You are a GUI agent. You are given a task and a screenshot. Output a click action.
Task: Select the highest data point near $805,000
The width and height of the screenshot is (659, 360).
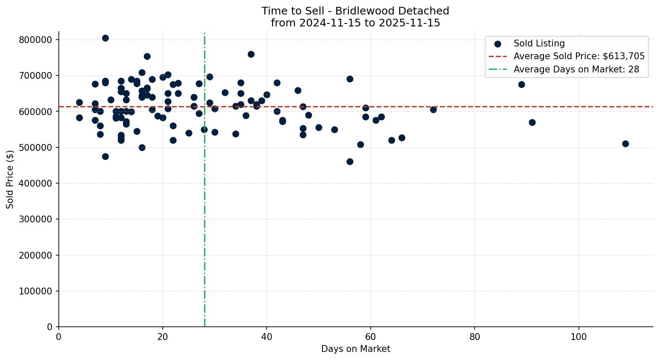pyautogui.click(x=105, y=38)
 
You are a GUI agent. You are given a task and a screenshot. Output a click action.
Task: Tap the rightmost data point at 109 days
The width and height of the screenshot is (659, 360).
pyautogui.click(x=625, y=144)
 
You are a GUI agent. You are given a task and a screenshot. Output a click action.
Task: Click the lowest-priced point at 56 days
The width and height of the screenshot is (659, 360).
pyautogui.click(x=350, y=161)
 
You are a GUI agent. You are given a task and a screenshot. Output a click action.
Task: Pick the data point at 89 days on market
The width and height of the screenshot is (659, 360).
pyautogui.click(x=521, y=84)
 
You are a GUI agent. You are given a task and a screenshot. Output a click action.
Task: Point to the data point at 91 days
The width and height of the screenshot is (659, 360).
pyautogui.click(x=532, y=122)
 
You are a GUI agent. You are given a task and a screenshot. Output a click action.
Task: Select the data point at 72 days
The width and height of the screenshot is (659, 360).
pyautogui.click(x=433, y=109)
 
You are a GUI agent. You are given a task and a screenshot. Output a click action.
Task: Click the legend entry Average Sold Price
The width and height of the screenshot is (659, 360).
pyautogui.click(x=579, y=56)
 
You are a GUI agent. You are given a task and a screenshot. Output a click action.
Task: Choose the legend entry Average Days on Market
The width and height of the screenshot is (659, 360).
pyautogui.click(x=576, y=69)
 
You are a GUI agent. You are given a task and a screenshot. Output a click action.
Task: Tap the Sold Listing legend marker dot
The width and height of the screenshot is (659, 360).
pyautogui.click(x=498, y=43)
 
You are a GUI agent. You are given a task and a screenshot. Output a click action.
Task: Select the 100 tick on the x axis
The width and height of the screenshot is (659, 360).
pyautogui.click(x=578, y=337)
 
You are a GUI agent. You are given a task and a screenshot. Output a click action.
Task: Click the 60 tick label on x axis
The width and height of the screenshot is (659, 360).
pyautogui.click(x=371, y=337)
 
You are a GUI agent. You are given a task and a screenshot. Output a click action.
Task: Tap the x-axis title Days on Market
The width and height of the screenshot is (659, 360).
pyautogui.click(x=356, y=349)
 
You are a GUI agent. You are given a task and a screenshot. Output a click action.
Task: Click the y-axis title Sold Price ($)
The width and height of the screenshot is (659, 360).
pyautogui.click(x=10, y=179)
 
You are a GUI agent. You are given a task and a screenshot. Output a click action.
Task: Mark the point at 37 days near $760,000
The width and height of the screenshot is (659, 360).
pyautogui.click(x=251, y=54)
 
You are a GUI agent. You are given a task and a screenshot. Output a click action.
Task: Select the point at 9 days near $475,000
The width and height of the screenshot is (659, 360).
pyautogui.click(x=105, y=156)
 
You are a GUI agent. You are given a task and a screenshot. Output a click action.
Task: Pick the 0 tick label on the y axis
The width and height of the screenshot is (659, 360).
pyautogui.click(x=49, y=327)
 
